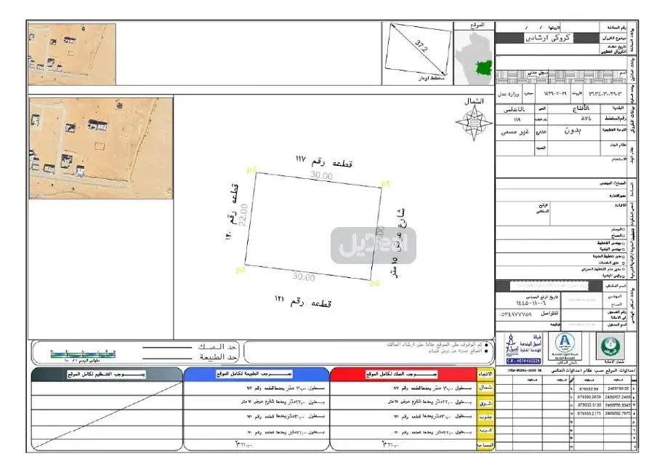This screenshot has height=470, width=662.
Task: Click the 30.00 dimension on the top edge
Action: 323,175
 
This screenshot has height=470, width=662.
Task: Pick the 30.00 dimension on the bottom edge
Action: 304,277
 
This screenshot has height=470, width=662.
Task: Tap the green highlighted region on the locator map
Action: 483,69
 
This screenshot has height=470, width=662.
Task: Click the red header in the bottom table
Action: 403,374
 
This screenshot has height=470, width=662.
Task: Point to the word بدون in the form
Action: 574,132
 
